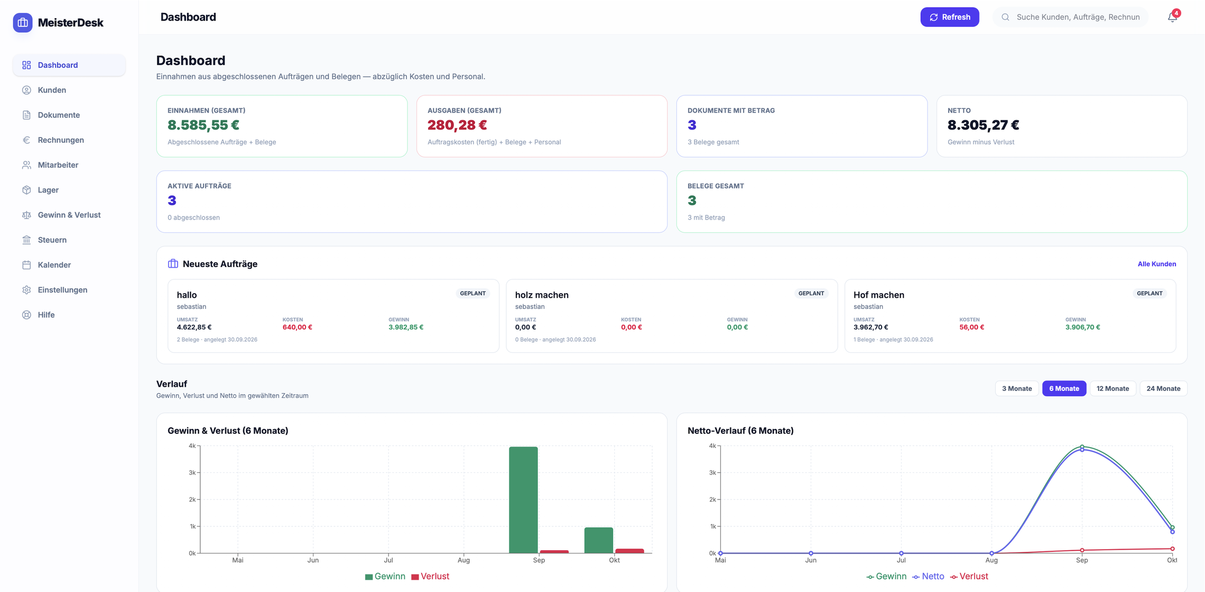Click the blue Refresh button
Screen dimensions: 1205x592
pyautogui.click(x=949, y=17)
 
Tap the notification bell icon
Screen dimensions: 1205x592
pyautogui.click(x=1172, y=17)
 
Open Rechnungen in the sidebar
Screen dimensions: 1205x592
pyautogui.click(x=61, y=140)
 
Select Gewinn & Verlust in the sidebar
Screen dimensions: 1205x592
pyautogui.click(x=69, y=215)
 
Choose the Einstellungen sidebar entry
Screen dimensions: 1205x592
pyautogui.click(x=62, y=290)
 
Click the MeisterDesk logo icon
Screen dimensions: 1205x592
pyautogui.click(x=23, y=23)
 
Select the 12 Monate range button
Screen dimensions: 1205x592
pyautogui.click(x=1113, y=388)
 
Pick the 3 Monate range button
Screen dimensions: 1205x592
pyautogui.click(x=1017, y=388)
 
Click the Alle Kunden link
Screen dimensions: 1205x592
pyautogui.click(x=1156, y=264)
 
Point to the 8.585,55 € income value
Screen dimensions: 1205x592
pyautogui.click(x=203, y=125)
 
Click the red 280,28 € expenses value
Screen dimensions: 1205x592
pyautogui.click(x=457, y=125)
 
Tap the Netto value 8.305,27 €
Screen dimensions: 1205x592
pyautogui.click(x=983, y=125)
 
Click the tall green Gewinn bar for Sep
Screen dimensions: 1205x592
pyautogui.click(x=523, y=500)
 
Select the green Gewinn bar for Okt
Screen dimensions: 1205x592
pyautogui.click(x=599, y=540)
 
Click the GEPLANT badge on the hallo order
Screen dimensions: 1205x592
pyautogui.click(x=472, y=293)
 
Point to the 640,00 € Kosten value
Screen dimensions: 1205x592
pyautogui.click(x=297, y=327)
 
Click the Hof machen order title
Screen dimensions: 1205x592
pyautogui.click(x=878, y=295)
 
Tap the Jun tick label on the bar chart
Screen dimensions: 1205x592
pyautogui.click(x=313, y=560)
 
